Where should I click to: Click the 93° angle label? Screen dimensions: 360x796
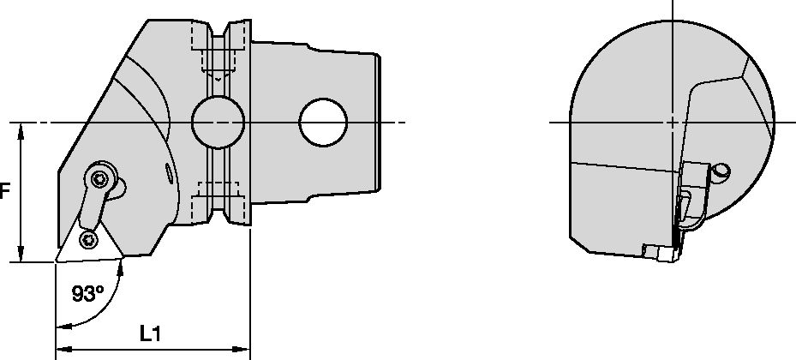[x=87, y=294]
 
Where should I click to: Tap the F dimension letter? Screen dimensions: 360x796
[x=4, y=193]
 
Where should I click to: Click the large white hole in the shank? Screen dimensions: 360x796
[x=322, y=123]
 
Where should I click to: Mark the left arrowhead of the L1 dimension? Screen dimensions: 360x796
[x=61, y=350]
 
